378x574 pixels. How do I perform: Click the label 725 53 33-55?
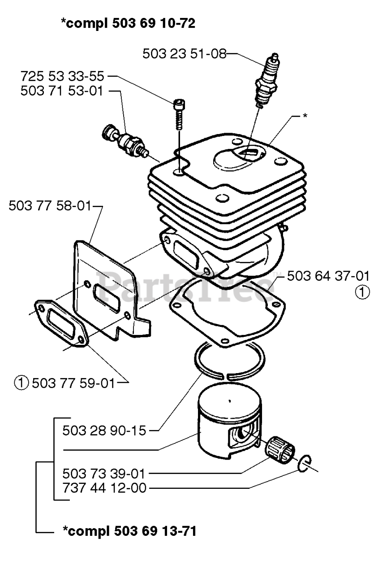(62, 76)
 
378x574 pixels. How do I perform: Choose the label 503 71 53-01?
(62, 91)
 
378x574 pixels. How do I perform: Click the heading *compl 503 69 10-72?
(128, 24)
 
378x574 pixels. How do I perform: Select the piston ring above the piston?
(226, 359)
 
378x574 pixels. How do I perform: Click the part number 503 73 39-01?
(104, 473)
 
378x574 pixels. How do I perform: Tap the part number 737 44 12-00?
(104, 488)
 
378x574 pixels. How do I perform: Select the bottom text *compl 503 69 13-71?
(129, 532)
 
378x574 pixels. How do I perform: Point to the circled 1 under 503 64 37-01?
(363, 292)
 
